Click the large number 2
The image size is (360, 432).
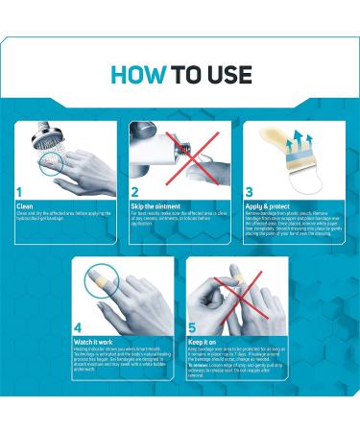(x=137, y=191)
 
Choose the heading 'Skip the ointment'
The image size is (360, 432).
(x=155, y=204)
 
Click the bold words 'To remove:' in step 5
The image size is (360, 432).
(x=201, y=365)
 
